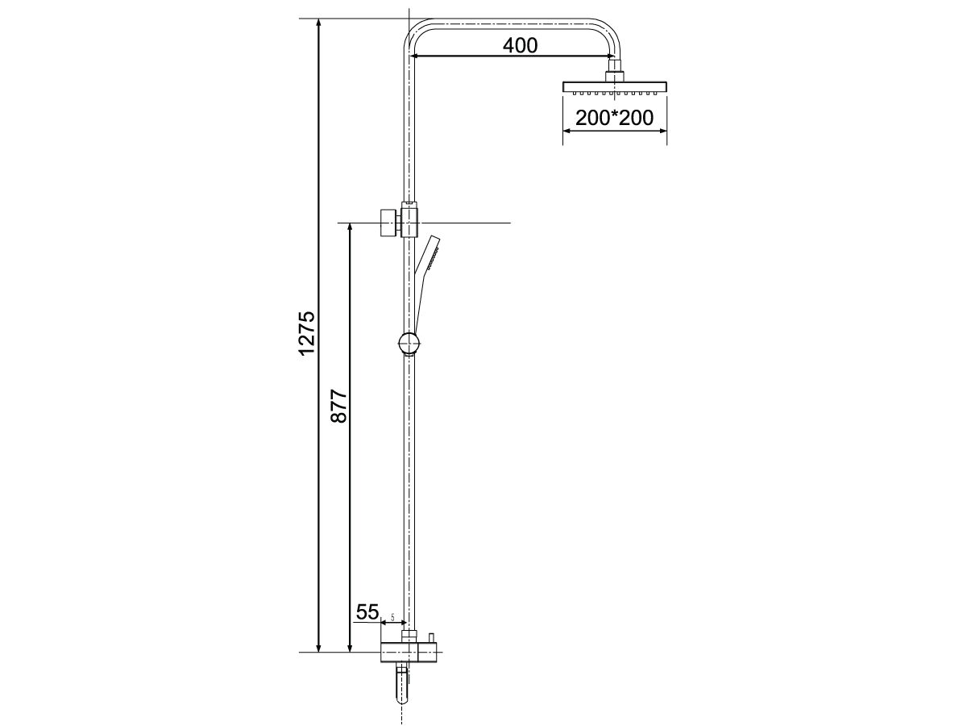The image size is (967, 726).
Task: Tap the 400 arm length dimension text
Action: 520,45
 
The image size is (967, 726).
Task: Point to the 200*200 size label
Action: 614,118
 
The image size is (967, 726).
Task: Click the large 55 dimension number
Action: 367,612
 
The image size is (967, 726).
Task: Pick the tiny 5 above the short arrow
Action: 392,618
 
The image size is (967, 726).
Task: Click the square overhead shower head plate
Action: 615,87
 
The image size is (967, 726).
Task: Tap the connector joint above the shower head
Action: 615,71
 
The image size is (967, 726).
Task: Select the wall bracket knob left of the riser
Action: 388,222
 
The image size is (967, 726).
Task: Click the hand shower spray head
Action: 433,252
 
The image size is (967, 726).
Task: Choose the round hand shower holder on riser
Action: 409,344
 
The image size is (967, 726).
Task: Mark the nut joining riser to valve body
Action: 410,636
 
